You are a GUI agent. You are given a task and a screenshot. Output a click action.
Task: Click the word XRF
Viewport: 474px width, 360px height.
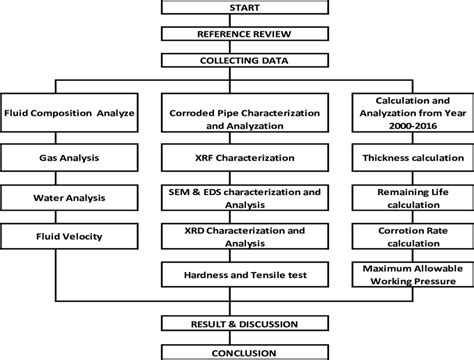click(x=199, y=158)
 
